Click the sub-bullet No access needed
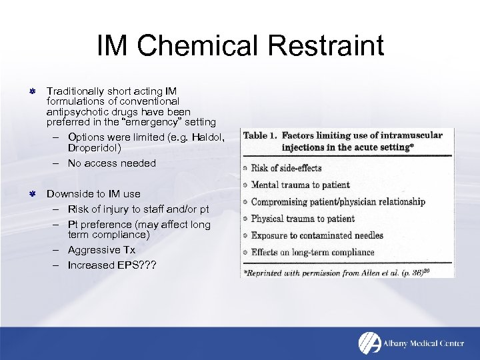111,163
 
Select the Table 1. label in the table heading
260,135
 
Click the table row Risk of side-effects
286,168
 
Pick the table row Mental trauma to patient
300,185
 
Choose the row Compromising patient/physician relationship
337,201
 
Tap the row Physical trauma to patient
303,218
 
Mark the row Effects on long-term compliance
313,252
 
